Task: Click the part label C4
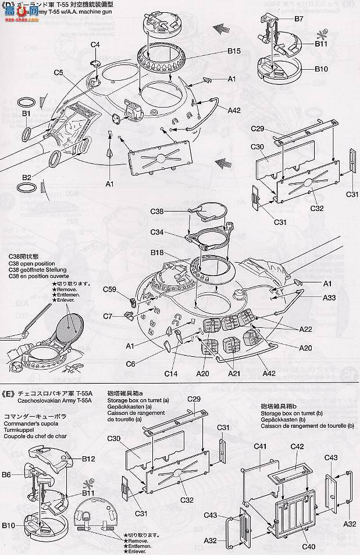coord(95,45)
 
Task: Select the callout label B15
coord(234,51)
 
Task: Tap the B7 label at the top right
coord(299,19)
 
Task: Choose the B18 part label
coord(156,253)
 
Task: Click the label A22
coord(306,329)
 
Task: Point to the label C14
coord(171,373)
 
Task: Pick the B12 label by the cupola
coord(88,458)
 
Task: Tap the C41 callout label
coord(260,446)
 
